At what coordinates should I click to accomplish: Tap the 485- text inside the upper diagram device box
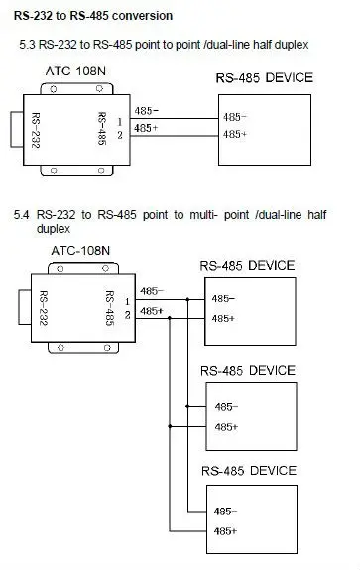tap(236, 116)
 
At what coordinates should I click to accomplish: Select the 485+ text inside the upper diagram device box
tap(236, 133)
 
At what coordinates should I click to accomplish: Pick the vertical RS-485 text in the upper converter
tap(103, 126)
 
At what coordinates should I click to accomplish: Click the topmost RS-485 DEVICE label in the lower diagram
tap(246, 265)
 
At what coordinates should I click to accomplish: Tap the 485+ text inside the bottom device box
tap(225, 530)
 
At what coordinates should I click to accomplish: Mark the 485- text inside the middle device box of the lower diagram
tap(225, 406)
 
